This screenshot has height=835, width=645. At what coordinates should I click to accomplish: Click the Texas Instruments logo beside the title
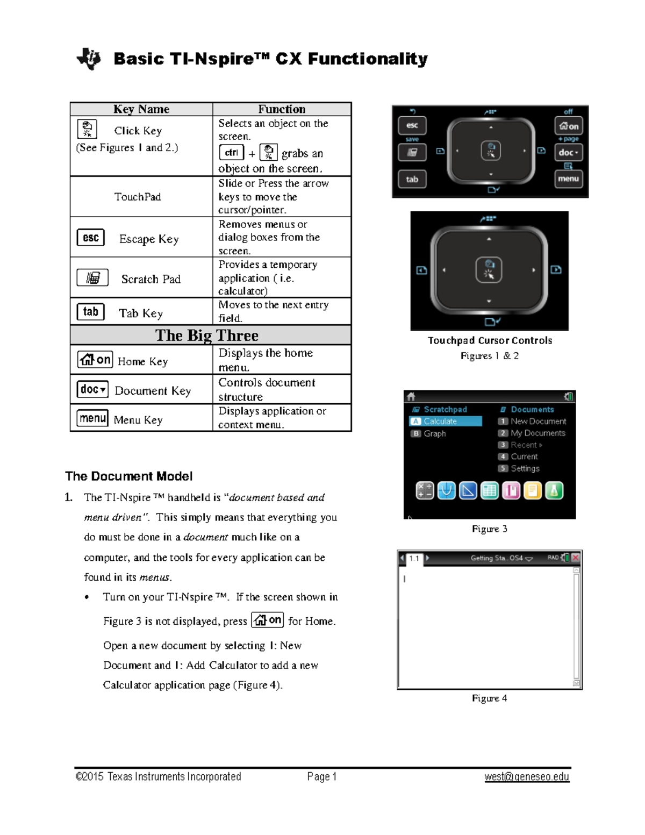(89, 59)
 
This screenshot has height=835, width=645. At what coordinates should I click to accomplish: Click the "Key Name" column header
(141, 109)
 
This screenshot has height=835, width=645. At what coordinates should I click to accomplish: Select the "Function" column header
(282, 109)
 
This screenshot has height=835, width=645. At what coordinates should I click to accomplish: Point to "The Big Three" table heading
(207, 335)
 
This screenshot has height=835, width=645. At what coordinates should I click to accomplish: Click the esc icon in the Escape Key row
(90, 238)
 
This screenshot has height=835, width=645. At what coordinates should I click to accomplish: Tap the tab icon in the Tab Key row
(90, 312)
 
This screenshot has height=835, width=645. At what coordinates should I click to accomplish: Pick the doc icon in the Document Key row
(92, 389)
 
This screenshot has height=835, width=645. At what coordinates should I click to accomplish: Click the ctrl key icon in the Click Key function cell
(232, 153)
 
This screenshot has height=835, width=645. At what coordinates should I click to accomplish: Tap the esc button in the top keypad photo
(412, 125)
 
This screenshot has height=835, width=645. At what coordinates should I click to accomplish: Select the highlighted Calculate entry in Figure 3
(445, 422)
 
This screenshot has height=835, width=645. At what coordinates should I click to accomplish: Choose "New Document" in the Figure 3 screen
(538, 422)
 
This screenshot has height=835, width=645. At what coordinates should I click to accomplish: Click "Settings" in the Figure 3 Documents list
(525, 468)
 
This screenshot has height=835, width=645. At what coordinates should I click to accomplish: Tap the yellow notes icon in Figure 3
(532, 490)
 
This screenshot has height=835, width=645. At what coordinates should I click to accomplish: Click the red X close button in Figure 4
(576, 558)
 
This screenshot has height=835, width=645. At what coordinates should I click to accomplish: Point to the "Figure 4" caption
(489, 698)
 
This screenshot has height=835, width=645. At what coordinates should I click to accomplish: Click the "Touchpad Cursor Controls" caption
(490, 340)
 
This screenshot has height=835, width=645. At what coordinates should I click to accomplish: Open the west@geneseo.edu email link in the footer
(527, 776)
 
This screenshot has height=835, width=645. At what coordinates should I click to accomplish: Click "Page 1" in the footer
(321, 776)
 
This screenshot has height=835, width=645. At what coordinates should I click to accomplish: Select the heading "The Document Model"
(129, 476)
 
